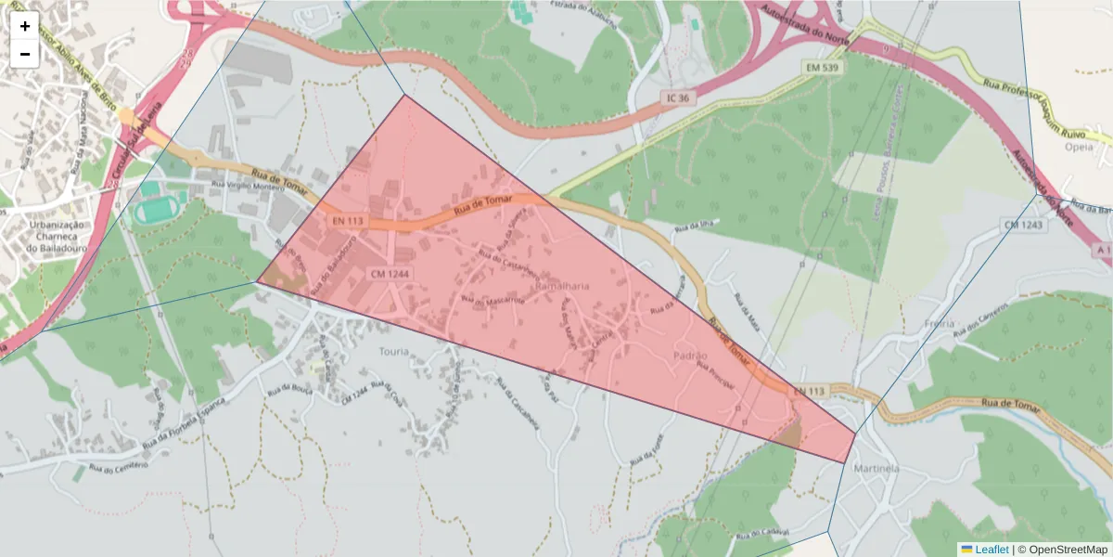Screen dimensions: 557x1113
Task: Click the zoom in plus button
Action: click(25, 26)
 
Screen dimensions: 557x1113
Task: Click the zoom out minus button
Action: click(25, 54)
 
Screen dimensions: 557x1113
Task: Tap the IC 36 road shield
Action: click(677, 97)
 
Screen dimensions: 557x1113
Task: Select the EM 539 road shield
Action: click(822, 69)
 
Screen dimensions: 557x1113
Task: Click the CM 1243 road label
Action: click(1022, 226)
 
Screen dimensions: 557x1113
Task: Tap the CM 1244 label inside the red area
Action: click(390, 274)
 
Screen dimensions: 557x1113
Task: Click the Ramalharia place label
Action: click(563, 287)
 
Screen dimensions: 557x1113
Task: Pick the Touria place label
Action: click(393, 351)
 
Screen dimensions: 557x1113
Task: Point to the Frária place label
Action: click(940, 324)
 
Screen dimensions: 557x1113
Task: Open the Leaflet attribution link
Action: click(991, 550)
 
